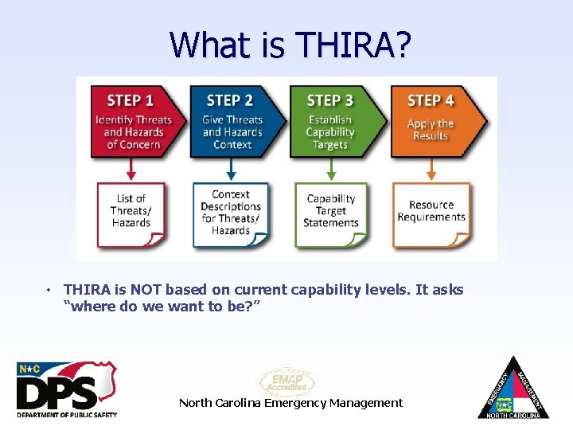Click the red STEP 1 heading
point(131,100)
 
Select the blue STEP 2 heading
point(230,100)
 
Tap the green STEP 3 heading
point(329,100)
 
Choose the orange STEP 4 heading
point(431,100)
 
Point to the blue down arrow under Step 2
point(232,170)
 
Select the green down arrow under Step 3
point(331,170)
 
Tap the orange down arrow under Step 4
point(431,170)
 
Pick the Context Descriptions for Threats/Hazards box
point(231,213)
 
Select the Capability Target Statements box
point(330,212)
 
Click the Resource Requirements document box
point(431,212)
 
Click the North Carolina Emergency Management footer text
point(290,403)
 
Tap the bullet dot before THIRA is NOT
point(49,291)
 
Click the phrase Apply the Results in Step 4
point(431,130)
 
